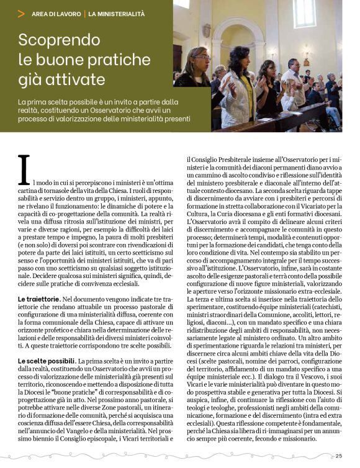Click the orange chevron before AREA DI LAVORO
coord(22,13)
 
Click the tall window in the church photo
coord(304,16)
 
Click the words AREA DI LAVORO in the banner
coord(57,13)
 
